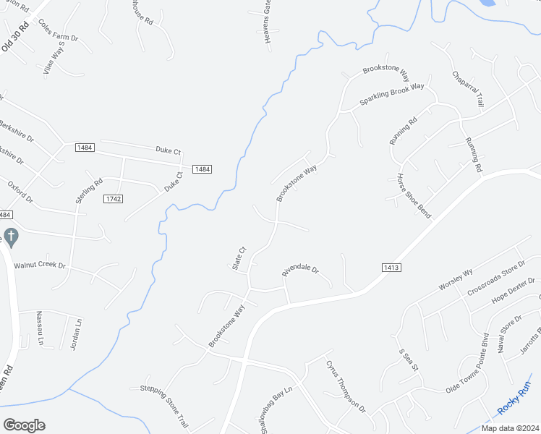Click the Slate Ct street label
239,258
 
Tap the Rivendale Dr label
300,270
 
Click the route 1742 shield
112,199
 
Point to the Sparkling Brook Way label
392,95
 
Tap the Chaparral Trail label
467,90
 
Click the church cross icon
10,237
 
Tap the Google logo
24,425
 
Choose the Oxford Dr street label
20,192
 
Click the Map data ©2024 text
509,427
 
